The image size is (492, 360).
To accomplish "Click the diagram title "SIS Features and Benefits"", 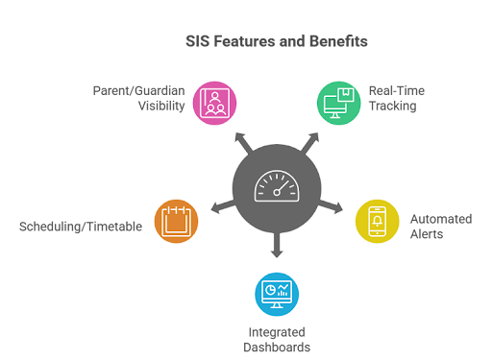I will pyautogui.click(x=276, y=43).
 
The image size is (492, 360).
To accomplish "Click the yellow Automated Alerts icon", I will pyautogui.click(x=376, y=222).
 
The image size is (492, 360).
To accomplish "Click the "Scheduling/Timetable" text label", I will pyautogui.click(x=80, y=227).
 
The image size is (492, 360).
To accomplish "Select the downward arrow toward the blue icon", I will pyautogui.click(x=276, y=249).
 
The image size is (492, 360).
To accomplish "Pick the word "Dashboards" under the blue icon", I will pyautogui.click(x=276, y=347).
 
